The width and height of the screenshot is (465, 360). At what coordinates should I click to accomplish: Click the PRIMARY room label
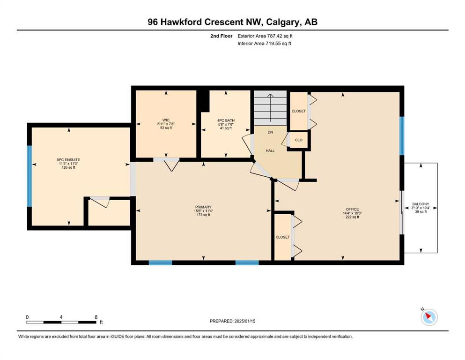pos(203,207)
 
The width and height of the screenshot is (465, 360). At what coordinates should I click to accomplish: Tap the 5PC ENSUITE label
pos(68,160)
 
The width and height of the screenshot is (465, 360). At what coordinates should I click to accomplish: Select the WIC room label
pos(166,120)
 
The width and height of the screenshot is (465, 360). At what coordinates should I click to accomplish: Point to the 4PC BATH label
pos(226,120)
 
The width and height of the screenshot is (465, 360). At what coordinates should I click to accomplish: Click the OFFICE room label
pos(352,209)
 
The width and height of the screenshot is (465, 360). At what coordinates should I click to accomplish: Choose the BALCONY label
pos(421,204)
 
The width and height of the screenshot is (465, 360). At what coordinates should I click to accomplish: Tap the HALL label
pos(270,151)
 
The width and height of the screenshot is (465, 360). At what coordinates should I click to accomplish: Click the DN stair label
pos(270,132)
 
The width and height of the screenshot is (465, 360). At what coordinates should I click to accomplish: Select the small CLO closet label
pos(299,140)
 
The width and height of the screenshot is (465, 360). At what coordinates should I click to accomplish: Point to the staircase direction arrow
pos(270,107)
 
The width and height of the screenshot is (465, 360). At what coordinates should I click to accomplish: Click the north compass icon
pos(429,317)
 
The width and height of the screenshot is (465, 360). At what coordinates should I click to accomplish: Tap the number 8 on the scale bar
pos(96,317)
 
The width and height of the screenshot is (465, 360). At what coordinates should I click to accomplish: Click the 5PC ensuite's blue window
pos(30,176)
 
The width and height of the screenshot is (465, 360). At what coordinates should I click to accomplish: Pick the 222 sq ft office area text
pos(352,217)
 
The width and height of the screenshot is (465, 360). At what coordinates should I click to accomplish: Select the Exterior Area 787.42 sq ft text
pos(265,36)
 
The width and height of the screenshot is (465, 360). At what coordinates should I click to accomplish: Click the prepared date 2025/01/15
pos(244,321)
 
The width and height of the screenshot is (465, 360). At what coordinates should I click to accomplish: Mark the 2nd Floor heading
pos(221,36)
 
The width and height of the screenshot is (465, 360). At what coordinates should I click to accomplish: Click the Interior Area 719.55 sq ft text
pos(264,43)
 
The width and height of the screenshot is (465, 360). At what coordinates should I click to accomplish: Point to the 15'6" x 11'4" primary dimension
pos(203,211)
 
